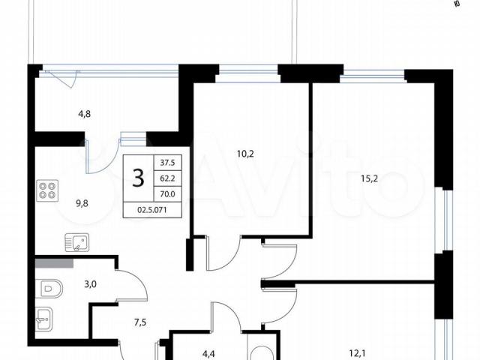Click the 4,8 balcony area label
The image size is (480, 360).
(x=85, y=114)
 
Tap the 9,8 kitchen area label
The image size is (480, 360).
(x=82, y=203)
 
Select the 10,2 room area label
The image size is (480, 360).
(x=245, y=154)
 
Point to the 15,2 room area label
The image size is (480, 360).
(x=369, y=178)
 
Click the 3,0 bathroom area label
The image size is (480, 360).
(x=90, y=284)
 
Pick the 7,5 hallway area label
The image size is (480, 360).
(x=140, y=322)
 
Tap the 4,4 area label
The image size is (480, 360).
(x=208, y=354)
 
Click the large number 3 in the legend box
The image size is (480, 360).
(x=138, y=178)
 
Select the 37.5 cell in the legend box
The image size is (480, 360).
(x=167, y=163)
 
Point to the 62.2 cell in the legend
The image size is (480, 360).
(x=167, y=178)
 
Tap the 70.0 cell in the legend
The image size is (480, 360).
(x=167, y=193)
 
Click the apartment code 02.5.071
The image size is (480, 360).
(x=152, y=210)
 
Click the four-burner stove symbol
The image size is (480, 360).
(x=47, y=190)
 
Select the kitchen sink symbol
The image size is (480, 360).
(x=76, y=242)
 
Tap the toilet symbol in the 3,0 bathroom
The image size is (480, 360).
(x=49, y=288)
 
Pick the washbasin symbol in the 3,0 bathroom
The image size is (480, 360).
(x=44, y=319)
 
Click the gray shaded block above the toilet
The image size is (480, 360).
(x=54, y=263)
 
